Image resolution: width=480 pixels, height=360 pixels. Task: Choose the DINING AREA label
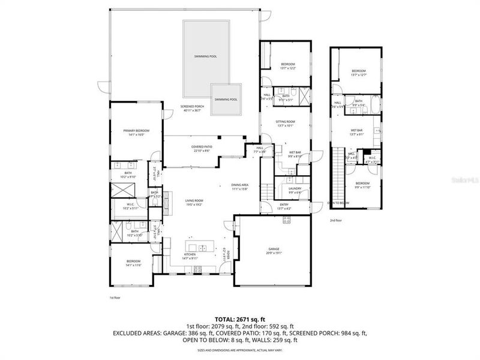pyautogui.click(x=240, y=186)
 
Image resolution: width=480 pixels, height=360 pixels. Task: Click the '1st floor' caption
pyautogui.click(x=115, y=297)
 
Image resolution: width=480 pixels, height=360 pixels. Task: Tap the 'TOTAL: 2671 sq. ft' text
pyautogui.click(x=240, y=319)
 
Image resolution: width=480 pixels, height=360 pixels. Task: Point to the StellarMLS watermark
pyautogui.click(x=464, y=178)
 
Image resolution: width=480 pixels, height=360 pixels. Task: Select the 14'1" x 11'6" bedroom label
pyautogui.click(x=133, y=263)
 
